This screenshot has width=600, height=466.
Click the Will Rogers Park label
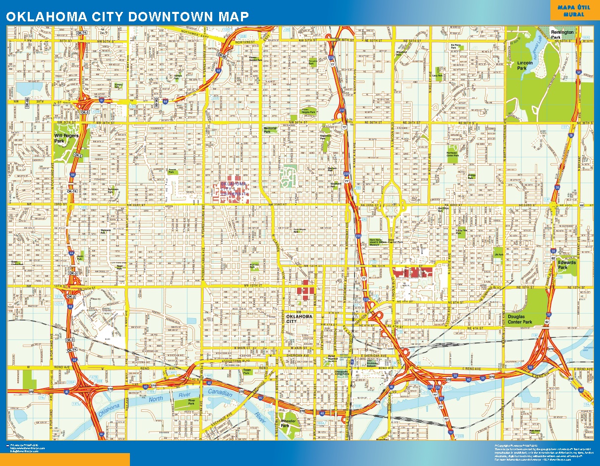point(66,138)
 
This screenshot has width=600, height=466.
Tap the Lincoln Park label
point(525,65)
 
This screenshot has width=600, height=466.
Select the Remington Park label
point(562,34)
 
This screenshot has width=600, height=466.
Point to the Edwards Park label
point(567,265)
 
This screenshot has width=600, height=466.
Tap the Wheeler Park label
point(288,423)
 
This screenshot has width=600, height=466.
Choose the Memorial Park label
point(270,130)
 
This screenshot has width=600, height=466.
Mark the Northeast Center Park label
point(452,154)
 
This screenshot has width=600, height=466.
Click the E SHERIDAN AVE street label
point(373,356)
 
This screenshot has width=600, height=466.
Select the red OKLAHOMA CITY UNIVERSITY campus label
point(233,188)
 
